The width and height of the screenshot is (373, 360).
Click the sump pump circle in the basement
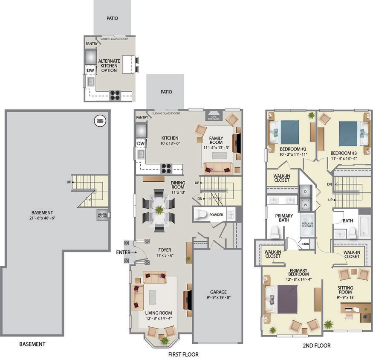(99, 121)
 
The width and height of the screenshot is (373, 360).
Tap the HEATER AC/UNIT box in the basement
(103, 215)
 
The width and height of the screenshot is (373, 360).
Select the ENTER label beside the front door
(123, 253)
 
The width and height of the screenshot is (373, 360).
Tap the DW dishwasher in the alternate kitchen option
(90, 70)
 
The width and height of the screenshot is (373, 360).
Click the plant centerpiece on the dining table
(159, 210)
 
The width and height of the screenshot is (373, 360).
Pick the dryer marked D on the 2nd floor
(306, 192)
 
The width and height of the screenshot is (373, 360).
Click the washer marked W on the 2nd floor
(306, 204)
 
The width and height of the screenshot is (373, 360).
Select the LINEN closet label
(306, 244)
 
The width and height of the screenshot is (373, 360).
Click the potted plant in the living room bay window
(165, 340)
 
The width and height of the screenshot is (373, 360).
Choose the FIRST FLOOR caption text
(183, 354)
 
